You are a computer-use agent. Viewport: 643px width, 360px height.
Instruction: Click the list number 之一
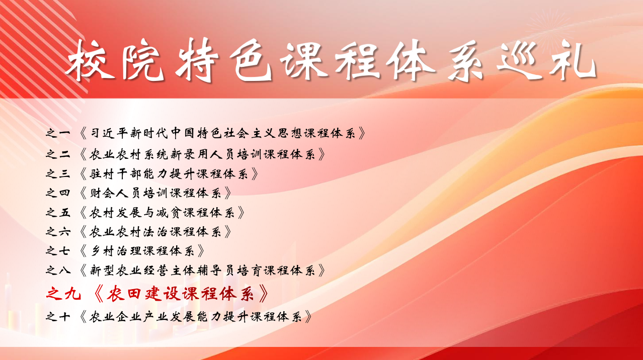[x=58, y=133]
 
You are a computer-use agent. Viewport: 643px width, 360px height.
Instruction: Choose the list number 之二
[x=58, y=154]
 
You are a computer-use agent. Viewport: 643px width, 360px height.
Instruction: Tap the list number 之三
[x=58, y=174]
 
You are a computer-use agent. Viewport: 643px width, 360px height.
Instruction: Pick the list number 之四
[x=58, y=193]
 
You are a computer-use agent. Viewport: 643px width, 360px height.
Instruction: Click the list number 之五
[x=58, y=213]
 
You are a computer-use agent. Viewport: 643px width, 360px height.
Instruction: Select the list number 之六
[x=58, y=232]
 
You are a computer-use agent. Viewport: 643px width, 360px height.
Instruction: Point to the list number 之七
[x=58, y=251]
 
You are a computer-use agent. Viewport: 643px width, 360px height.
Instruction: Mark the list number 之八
[x=58, y=270]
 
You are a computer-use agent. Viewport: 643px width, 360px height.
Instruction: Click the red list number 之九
[x=63, y=294]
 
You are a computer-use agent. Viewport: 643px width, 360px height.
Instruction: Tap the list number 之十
[x=58, y=317]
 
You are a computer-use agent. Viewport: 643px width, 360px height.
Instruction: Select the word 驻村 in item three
[x=102, y=174]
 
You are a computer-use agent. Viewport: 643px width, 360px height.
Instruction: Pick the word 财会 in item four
[x=102, y=193]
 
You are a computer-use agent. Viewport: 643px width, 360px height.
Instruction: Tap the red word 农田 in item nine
[x=124, y=294]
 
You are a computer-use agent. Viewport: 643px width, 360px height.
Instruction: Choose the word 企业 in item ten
[x=129, y=317]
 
